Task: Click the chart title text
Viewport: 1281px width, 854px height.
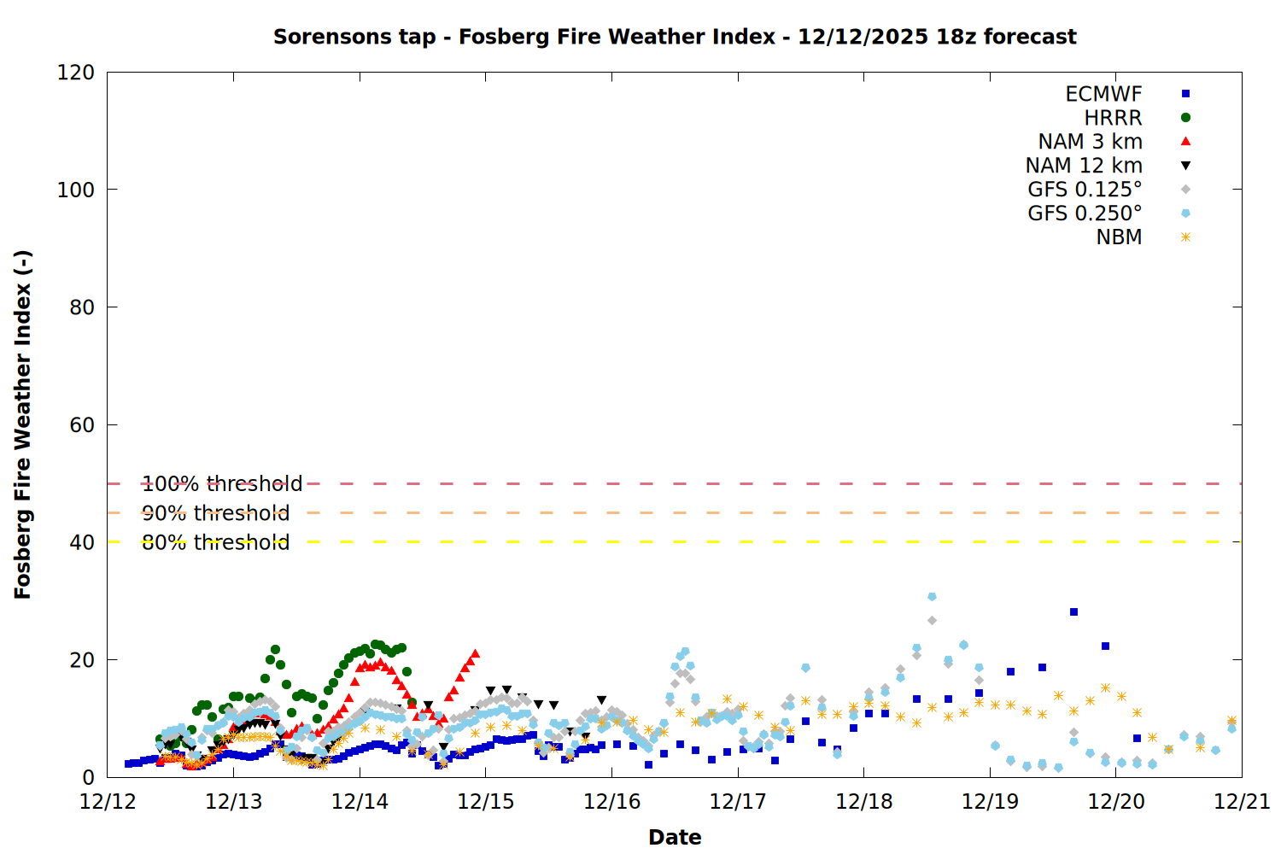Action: point(675,37)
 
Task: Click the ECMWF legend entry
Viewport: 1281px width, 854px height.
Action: point(1103,94)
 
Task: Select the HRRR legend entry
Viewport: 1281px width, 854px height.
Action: point(1113,118)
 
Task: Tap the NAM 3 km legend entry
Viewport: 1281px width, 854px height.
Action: point(1090,142)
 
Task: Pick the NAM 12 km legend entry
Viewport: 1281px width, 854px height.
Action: point(1084,166)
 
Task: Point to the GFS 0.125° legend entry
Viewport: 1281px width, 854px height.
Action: point(1085,190)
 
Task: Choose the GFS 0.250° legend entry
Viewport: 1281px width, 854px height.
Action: point(1085,213)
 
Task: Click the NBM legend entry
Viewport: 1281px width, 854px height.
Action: point(1119,237)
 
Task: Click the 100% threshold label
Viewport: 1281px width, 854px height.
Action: point(222,484)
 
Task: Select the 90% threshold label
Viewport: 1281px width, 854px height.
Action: point(215,513)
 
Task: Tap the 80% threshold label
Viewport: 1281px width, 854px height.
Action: point(215,542)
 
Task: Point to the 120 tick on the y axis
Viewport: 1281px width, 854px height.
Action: point(76,73)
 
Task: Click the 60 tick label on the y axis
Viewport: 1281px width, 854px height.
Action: point(82,424)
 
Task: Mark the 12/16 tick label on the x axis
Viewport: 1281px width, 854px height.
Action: point(611,802)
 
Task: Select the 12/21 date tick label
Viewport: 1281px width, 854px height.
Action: point(1242,802)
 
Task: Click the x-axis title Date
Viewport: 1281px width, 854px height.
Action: point(675,837)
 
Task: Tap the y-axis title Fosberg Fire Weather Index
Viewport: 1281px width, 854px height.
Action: point(23,424)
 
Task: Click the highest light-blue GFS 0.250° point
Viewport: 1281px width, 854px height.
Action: point(932,597)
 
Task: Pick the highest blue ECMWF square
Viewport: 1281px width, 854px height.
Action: point(1073,612)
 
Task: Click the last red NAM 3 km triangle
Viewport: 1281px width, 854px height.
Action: point(475,653)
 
